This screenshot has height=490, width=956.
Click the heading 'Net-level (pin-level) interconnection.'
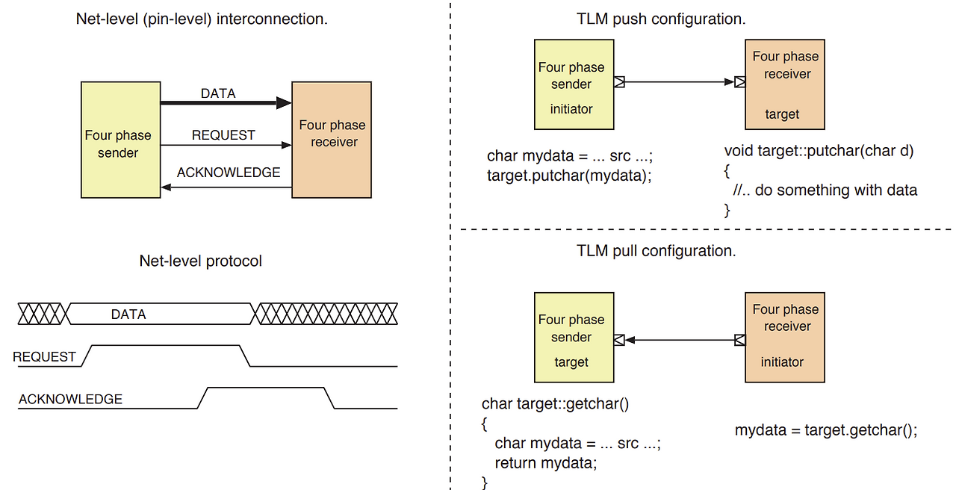tap(202, 19)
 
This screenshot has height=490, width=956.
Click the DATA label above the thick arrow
tap(218, 93)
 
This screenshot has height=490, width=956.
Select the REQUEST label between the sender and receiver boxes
tap(223, 135)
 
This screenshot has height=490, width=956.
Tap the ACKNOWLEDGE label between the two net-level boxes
tap(229, 173)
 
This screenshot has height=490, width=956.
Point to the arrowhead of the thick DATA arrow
tap(284, 103)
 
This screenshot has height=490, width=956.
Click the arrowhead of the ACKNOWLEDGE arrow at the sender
tap(167, 187)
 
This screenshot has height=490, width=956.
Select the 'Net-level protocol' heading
tap(201, 261)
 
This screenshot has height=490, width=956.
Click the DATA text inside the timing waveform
tap(128, 314)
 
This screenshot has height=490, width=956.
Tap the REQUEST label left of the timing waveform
tap(45, 357)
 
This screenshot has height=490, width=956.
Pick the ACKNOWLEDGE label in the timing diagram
tap(70, 400)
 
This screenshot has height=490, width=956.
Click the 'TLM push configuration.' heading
tap(661, 19)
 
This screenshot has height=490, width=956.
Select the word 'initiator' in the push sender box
tap(571, 109)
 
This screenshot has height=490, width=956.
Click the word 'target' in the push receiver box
tap(782, 114)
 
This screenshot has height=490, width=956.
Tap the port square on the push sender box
tap(619, 82)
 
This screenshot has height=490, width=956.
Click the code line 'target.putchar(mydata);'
tap(569, 176)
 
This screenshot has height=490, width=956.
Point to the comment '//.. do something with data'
tap(825, 190)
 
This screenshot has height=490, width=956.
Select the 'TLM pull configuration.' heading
tap(657, 251)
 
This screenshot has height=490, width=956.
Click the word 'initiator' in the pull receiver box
tap(782, 362)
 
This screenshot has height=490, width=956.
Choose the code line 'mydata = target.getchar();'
tap(826, 430)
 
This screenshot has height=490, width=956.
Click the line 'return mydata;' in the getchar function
tap(546, 463)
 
